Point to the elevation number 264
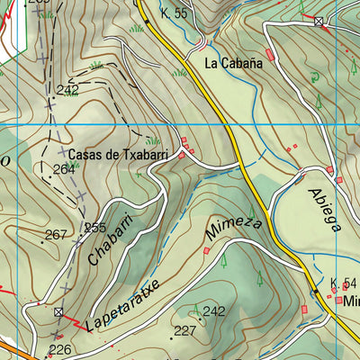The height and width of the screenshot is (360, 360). point(64,169)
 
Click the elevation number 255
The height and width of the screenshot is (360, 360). point(95,228)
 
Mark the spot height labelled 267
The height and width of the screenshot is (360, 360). point(56,235)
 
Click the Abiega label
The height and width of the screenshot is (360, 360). point(325,209)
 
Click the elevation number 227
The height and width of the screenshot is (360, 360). point(185,331)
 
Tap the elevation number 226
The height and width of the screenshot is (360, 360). point(59,350)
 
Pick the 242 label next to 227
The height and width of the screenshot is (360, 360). point(213,311)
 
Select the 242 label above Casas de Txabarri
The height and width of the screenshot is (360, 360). point(67,89)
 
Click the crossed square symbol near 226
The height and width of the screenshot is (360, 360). point(58,312)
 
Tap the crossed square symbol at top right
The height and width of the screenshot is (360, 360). point(319,21)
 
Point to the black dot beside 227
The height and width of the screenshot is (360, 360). point(171,338)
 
